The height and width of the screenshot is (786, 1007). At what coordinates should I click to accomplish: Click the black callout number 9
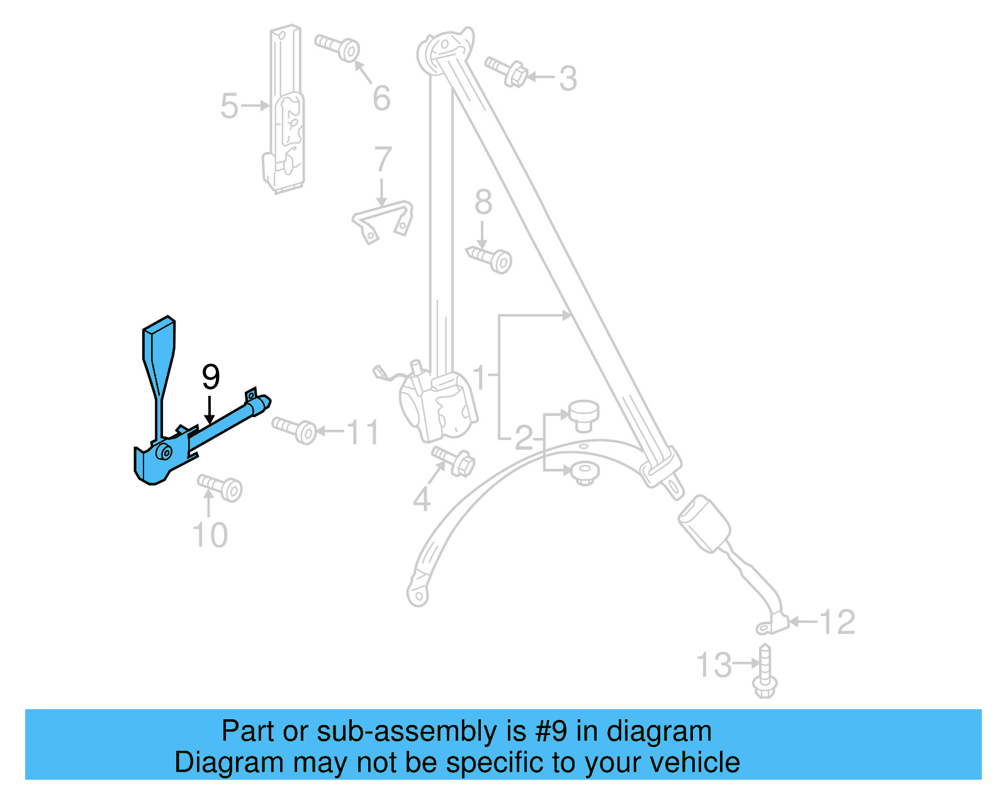(x=211, y=377)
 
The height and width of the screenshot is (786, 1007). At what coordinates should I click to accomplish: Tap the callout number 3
(x=568, y=79)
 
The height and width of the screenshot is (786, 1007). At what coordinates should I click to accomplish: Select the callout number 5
(x=229, y=106)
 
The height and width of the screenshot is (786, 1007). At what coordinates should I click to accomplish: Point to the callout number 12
(x=837, y=622)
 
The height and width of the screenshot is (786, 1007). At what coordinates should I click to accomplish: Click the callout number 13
(x=714, y=665)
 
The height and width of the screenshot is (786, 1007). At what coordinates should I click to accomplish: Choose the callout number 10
(x=210, y=536)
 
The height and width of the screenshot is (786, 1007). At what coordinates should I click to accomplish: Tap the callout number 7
(x=383, y=160)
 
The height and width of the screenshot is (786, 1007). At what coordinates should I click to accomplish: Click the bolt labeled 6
(x=339, y=47)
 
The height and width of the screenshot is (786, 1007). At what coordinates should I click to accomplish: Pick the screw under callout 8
(x=490, y=259)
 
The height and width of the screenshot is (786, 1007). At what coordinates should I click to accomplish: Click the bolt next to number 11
(x=295, y=430)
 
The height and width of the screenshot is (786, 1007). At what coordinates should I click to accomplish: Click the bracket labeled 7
(x=383, y=220)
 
